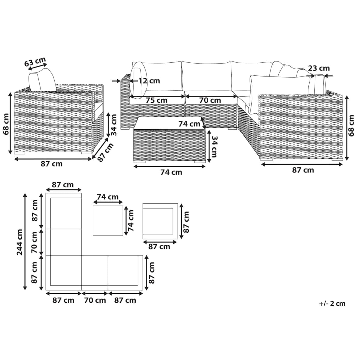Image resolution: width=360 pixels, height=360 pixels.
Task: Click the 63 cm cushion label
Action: click(35, 61)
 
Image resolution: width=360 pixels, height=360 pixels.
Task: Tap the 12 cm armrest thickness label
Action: click(149, 81)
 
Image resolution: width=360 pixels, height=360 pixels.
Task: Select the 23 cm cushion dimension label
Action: click(319, 68)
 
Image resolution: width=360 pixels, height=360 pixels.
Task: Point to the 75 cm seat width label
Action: click(157, 100)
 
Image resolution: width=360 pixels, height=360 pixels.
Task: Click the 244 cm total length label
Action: click(19, 242)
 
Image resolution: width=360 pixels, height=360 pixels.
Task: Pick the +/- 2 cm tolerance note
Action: click(332, 304)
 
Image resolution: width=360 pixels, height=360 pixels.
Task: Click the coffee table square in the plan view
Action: click(108, 220)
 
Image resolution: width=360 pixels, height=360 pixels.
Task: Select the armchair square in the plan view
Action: click(160, 221)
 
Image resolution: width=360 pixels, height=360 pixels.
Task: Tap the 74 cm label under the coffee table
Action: click(171, 172)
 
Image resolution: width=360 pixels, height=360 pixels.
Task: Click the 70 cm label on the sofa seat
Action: click(210, 100)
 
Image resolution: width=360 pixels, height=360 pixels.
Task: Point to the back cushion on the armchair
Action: click(43, 80)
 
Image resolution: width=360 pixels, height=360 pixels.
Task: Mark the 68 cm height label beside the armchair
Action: click(6, 124)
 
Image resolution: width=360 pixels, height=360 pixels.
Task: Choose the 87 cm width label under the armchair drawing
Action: click(52, 164)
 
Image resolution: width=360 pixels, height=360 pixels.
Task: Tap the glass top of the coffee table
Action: click(169, 123)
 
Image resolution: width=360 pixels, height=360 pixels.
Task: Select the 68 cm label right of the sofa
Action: click(351, 126)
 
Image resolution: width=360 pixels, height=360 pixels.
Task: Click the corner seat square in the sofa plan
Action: click(64, 273)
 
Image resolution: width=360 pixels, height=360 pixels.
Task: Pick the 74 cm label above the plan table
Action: click(108, 197)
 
